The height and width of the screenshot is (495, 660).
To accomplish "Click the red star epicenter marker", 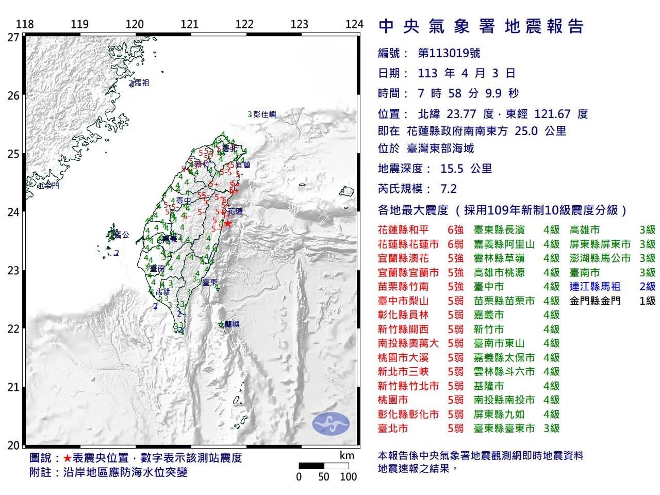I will [227, 223].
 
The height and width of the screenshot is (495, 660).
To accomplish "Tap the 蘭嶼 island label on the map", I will [232, 324].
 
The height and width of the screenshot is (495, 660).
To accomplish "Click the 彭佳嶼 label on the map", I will [265, 114].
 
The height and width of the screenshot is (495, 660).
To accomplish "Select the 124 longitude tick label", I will [354, 24].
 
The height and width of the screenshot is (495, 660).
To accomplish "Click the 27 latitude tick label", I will [13, 37].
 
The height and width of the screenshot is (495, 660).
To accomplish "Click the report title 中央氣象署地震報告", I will [481, 26].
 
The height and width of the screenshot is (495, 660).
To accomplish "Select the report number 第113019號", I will [449, 53].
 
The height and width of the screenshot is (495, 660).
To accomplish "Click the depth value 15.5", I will [453, 169].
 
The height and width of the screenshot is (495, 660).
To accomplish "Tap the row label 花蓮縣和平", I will [406, 230].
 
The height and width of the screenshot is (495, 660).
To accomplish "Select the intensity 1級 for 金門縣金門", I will [647, 301].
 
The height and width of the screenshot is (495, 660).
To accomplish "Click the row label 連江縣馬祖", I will [595, 287].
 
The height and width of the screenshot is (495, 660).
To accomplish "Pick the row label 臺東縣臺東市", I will [504, 428].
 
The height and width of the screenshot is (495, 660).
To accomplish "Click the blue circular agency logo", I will [331, 423].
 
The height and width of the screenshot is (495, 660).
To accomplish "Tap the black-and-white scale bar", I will [324, 466].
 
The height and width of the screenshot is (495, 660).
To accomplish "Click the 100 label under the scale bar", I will [349, 476].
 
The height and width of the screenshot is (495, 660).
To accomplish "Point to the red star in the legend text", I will [67, 458].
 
